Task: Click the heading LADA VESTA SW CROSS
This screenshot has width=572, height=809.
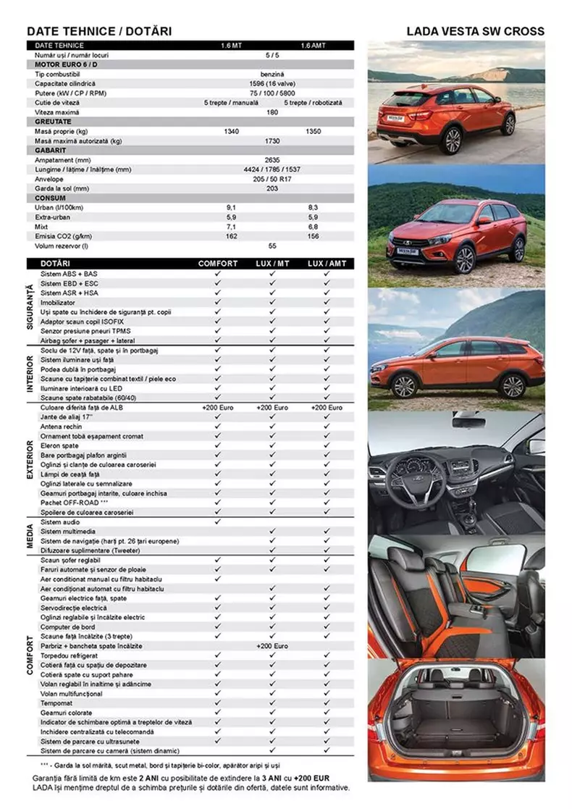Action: pyautogui.click(x=475, y=31)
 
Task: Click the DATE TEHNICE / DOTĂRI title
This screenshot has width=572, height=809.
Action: pyautogui.click(x=99, y=31)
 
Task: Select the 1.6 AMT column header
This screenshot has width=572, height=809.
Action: pyautogui.click(x=313, y=46)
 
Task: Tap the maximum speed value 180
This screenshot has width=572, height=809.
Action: pyautogui.click(x=272, y=112)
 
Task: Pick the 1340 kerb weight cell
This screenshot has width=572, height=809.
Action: pyautogui.click(x=232, y=131)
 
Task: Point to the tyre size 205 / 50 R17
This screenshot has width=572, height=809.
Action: pyautogui.click(x=272, y=178)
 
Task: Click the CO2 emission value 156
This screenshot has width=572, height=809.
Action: pyautogui.click(x=313, y=235)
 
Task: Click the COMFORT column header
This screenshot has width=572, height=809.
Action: pyautogui.click(x=217, y=264)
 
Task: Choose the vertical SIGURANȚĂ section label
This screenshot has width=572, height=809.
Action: pyautogui.click(x=30, y=306)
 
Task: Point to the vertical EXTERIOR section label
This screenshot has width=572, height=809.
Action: pyautogui.click(x=30, y=459)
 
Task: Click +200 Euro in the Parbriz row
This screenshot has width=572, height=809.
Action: pyautogui.click(x=272, y=645)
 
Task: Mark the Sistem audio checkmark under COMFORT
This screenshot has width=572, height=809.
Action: pyautogui.click(x=217, y=522)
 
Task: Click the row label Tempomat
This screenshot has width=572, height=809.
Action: pyautogui.click(x=56, y=703)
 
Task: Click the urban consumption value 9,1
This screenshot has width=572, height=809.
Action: pyautogui.click(x=232, y=207)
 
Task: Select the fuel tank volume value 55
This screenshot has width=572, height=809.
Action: pyautogui.click(x=272, y=246)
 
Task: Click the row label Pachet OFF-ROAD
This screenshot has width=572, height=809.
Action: pyautogui.click(x=74, y=503)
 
